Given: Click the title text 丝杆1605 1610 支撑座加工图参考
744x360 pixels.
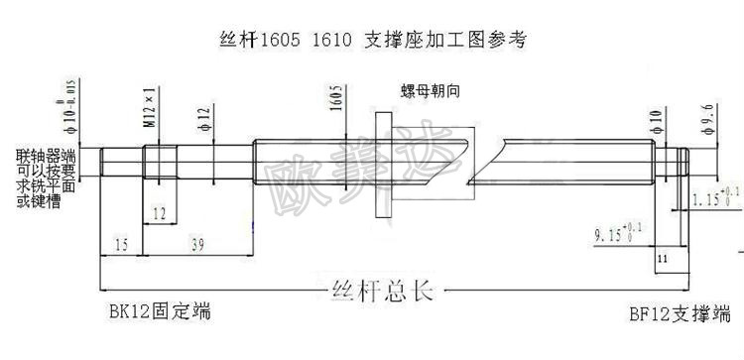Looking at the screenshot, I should (371, 42).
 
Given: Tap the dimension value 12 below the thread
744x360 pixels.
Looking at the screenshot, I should (160, 213).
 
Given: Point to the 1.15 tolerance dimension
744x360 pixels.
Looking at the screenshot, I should (712, 197).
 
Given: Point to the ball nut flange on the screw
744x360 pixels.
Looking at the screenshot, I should (382, 163).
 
